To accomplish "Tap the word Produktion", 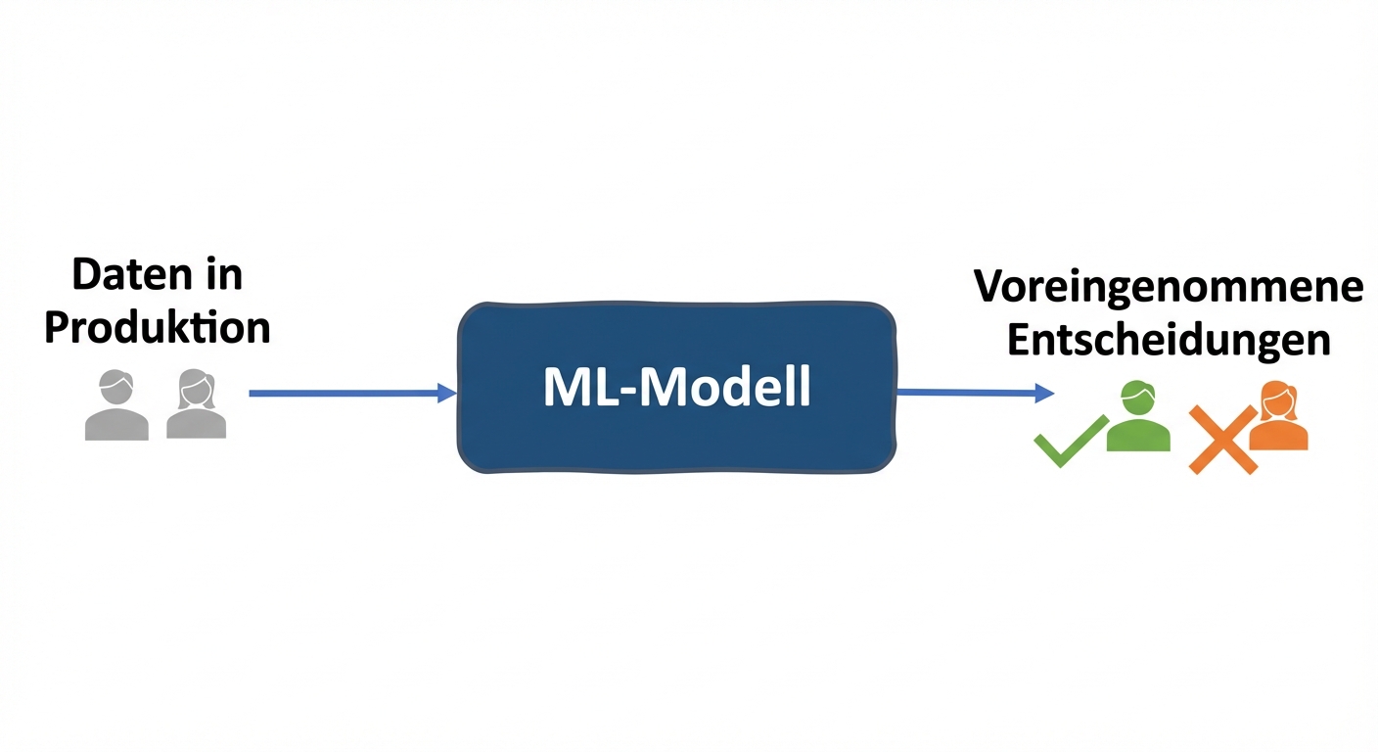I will [158, 328].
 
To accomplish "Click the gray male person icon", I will [116, 405].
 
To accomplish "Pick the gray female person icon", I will [196, 404].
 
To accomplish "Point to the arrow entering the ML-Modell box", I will [343, 393].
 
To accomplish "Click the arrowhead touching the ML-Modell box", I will [447, 394].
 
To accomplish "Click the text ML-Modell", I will [676, 389].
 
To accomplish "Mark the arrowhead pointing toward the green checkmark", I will [1044, 394].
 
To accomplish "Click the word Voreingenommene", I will [1169, 287].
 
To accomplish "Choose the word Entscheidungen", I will [1169, 340].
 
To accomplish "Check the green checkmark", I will [1070, 442].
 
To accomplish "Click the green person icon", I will [1138, 418].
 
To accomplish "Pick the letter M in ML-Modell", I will [565, 389].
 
